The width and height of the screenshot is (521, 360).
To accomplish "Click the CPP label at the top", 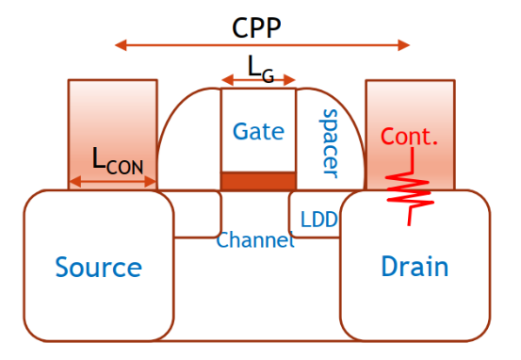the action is (x=256, y=28).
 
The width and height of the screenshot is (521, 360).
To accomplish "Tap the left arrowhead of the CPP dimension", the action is (x=121, y=45).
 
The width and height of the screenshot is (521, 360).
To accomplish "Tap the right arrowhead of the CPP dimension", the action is (x=404, y=45).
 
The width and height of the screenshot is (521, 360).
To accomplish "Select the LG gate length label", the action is (x=261, y=69).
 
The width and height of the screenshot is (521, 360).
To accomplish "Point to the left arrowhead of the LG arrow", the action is (x=227, y=80).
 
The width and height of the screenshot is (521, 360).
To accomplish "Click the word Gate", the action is (x=258, y=131).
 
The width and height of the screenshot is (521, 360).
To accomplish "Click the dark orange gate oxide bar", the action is (x=258, y=181).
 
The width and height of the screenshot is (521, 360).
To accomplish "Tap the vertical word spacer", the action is (x=329, y=143).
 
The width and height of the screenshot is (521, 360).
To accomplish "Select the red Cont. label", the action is (x=409, y=137).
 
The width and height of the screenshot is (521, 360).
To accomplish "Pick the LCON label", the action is (x=118, y=160).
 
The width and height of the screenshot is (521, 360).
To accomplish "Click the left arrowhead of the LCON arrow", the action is (x=75, y=182).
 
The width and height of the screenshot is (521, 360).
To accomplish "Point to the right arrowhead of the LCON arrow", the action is (x=151, y=182).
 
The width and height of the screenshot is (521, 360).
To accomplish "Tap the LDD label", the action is (x=319, y=220).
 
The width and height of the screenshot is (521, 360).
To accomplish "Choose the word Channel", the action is (x=255, y=239).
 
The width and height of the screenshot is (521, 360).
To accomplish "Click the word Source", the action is (x=98, y=267).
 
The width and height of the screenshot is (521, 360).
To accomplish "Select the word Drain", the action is (x=415, y=266).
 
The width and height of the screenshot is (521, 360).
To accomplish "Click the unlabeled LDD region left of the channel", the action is (x=197, y=214).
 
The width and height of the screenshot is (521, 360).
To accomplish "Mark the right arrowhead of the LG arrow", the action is (x=290, y=80).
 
